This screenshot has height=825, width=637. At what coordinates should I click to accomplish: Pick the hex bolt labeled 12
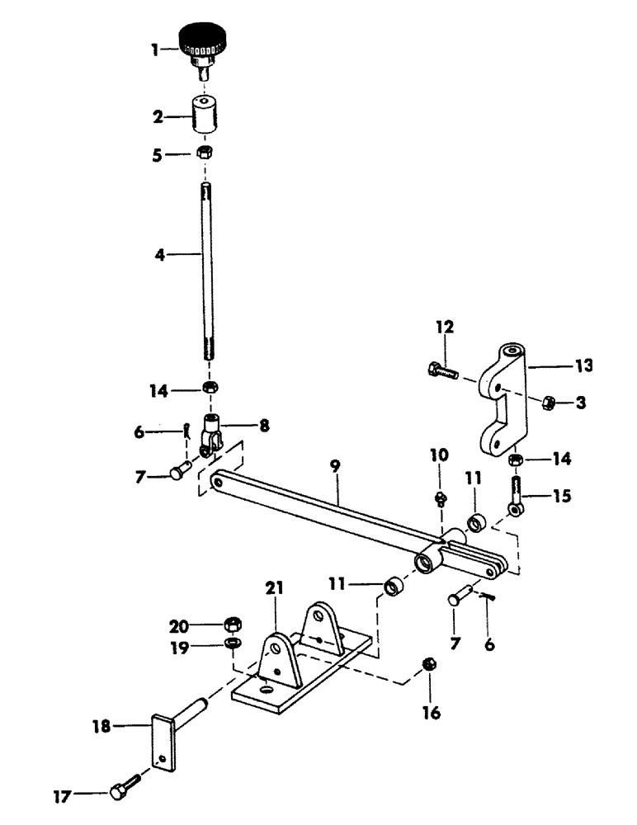coord(441,370)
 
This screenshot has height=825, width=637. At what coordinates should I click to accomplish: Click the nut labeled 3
coord(547,402)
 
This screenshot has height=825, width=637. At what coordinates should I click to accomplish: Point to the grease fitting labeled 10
coord(440,497)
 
